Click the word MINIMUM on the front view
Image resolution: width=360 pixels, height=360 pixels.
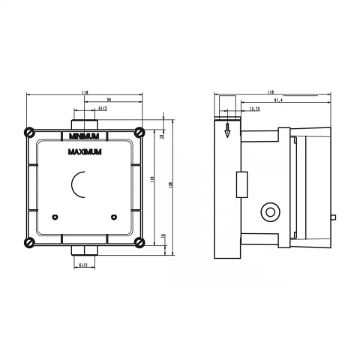point(83,136)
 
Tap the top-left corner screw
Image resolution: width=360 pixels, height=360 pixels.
point(29,130)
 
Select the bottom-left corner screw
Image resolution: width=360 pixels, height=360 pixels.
point(29,241)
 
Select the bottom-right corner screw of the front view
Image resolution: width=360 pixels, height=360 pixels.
point(139,241)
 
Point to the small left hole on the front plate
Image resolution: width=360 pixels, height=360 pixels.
point(55,217)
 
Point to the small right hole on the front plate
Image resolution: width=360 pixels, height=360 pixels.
point(113,217)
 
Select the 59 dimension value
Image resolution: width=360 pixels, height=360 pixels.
point(109,98)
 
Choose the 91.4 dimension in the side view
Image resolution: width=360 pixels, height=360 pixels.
point(278,100)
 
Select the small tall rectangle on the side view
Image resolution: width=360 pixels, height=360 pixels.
point(241,184)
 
